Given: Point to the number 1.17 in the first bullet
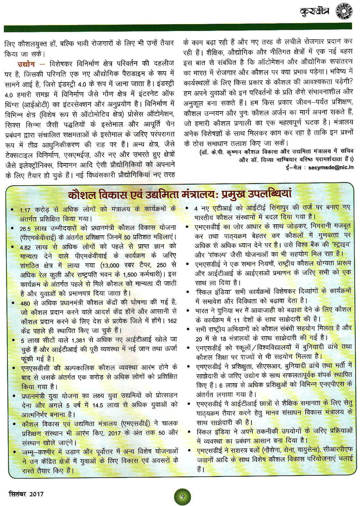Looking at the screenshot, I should tap(26, 210).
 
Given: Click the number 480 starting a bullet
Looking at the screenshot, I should tap(25, 303).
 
